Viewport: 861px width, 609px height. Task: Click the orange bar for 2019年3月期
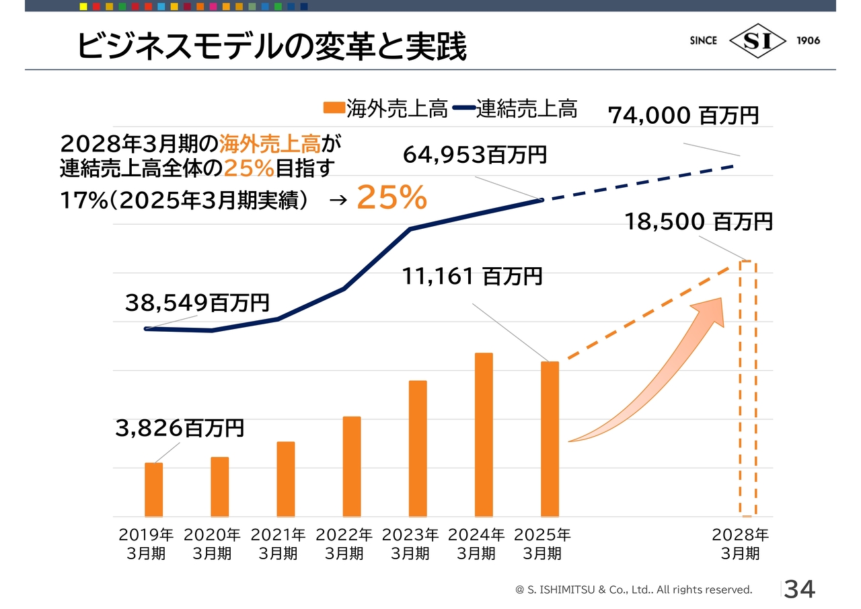[x=154, y=489]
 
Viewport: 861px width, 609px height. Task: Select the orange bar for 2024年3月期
[x=484, y=434]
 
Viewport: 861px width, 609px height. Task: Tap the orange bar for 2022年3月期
[x=352, y=466]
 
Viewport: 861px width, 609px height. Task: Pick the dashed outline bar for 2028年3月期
[x=747, y=388]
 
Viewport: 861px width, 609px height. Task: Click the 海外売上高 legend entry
[x=385, y=109]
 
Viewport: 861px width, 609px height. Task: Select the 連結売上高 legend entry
[x=515, y=109]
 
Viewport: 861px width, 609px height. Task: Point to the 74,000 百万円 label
[x=683, y=115]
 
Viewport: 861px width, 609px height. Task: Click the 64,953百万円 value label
[x=475, y=155]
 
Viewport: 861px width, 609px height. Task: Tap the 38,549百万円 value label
[x=197, y=303]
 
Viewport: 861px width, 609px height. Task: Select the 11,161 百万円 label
[x=472, y=276]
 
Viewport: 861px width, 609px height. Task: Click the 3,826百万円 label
[x=180, y=428]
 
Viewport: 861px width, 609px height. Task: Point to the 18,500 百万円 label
[x=699, y=221]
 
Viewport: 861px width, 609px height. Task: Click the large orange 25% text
[x=391, y=197]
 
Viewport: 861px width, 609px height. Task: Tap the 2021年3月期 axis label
[x=278, y=544]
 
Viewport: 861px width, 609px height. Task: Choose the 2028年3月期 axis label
[x=740, y=544]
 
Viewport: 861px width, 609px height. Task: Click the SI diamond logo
[x=757, y=40]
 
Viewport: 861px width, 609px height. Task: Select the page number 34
[x=800, y=589]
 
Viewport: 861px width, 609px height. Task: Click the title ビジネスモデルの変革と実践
[x=271, y=46]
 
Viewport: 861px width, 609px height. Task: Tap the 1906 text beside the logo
[x=809, y=40]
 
